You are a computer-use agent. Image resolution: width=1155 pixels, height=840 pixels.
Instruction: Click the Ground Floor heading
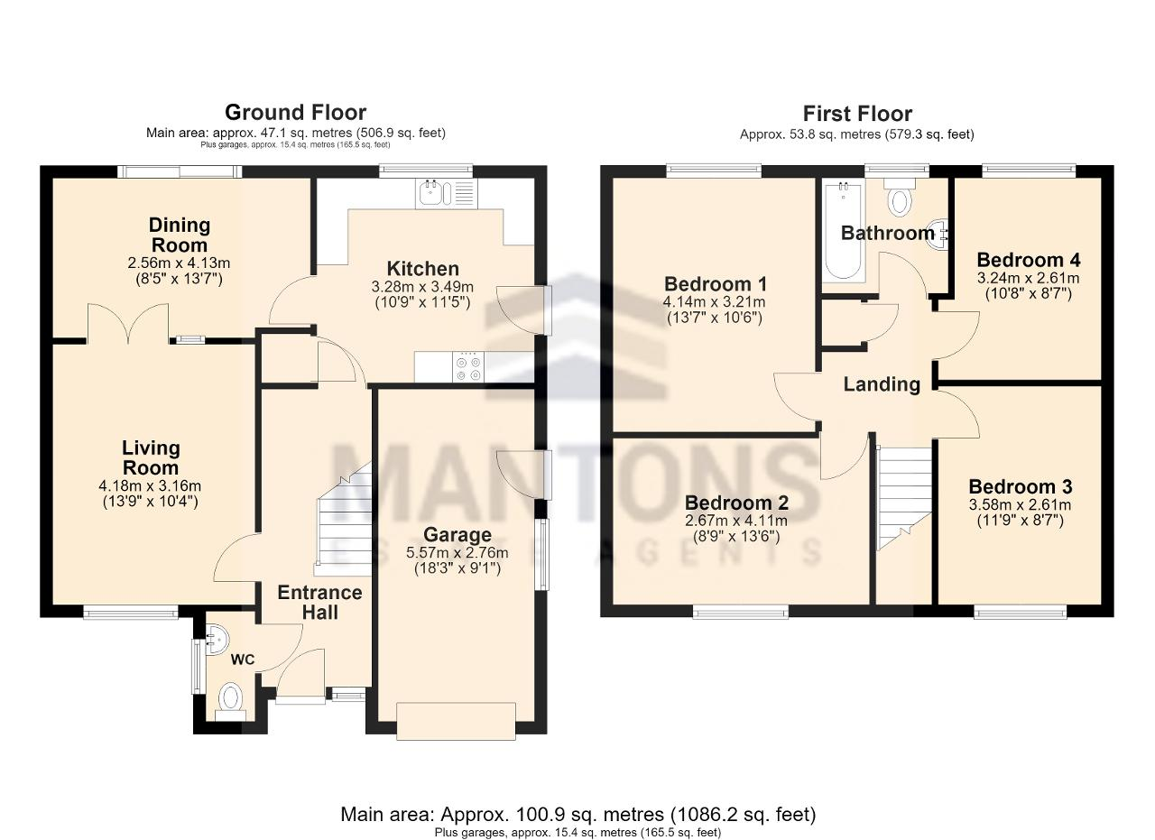tap(295, 113)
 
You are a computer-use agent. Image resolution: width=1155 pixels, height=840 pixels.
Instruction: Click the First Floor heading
tap(857, 114)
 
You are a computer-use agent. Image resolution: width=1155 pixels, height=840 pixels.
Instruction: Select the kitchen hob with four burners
tap(468, 366)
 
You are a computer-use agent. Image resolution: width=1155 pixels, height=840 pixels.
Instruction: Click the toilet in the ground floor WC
tap(230, 702)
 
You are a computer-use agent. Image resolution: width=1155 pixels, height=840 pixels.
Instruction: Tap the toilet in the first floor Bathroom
tap(900, 198)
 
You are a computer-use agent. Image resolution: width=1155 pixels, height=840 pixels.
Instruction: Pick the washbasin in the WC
tap(216, 640)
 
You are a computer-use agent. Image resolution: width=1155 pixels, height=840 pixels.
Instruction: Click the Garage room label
tap(457, 534)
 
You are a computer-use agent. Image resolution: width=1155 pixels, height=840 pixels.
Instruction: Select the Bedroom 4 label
tap(1029, 259)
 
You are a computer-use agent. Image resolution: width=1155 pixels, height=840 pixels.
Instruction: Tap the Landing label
tap(882, 384)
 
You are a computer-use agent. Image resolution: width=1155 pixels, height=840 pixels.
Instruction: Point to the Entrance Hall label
tap(319, 603)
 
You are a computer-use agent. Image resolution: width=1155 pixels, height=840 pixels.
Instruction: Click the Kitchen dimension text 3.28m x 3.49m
tap(422, 287)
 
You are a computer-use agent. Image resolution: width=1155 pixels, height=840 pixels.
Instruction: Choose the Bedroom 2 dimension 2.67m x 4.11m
tap(735, 521)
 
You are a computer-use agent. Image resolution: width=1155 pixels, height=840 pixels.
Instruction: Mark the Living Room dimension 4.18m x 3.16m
tap(150, 485)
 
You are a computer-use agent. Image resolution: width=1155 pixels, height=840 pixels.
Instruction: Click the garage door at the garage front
tap(457, 721)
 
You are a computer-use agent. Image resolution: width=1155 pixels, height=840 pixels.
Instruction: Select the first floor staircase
tap(905, 498)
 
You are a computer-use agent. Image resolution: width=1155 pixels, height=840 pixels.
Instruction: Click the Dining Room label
tap(179, 235)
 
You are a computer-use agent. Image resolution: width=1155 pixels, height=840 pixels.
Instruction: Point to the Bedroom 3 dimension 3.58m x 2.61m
tap(1020, 504)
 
